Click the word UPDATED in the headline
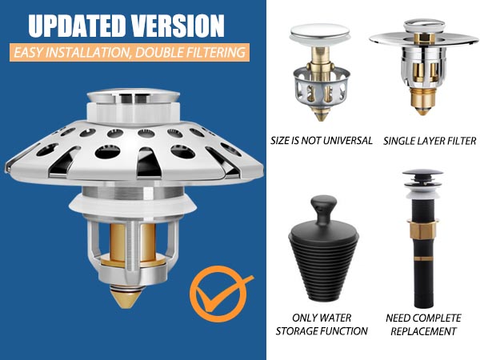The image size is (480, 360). (76, 26)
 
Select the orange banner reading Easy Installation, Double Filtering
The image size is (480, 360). (130, 52)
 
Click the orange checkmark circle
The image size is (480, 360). (218, 294)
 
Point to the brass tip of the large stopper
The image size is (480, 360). (126, 298)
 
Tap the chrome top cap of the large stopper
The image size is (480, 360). (133, 97)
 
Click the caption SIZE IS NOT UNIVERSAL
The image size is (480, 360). (321, 141)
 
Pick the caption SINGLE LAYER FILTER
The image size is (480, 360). (430, 141)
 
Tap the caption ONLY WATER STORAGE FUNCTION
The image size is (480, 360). (322, 325)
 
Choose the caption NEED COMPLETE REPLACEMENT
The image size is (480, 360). (423, 325)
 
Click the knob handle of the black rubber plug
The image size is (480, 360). (323, 210)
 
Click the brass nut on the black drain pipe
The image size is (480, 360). (423, 230)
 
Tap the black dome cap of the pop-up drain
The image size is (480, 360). (422, 174)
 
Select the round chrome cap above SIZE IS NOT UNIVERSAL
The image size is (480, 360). (320, 33)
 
